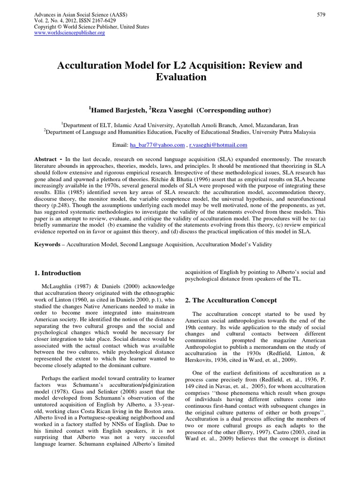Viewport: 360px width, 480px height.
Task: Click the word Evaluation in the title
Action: click(x=180, y=77)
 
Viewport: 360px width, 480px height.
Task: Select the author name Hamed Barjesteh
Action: click(x=118, y=110)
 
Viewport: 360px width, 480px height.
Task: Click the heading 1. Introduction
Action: click(x=58, y=273)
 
